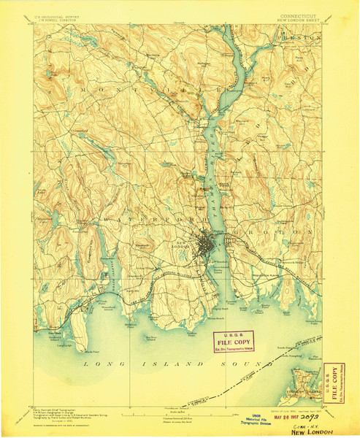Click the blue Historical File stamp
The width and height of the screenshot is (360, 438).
pyautogui.click(x=240, y=415)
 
